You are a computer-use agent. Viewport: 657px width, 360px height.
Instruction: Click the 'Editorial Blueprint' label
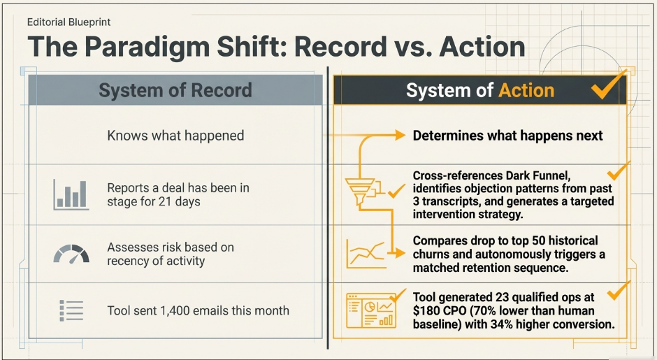pyautogui.click(x=68, y=22)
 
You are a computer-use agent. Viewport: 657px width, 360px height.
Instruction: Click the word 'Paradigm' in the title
pyautogui.click(x=147, y=48)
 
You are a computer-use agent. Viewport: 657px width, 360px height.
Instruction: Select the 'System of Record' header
pyautogui.click(x=175, y=90)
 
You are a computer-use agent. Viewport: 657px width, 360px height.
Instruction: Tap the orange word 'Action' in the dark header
pyautogui.click(x=526, y=90)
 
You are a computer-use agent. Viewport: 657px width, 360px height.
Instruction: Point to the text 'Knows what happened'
pyautogui.click(x=175, y=136)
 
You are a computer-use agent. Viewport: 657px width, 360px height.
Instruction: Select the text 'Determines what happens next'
pyautogui.click(x=508, y=136)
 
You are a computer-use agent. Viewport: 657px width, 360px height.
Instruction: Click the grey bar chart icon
pyautogui.click(x=71, y=194)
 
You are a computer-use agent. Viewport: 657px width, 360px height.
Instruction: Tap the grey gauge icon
pyautogui.click(x=71, y=254)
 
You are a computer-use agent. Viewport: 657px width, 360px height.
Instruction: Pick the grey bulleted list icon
pyautogui.click(x=71, y=310)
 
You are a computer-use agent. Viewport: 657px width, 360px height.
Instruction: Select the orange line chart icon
pyautogui.click(x=366, y=254)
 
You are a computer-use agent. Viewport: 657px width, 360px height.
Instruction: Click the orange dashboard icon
pyautogui.click(x=371, y=310)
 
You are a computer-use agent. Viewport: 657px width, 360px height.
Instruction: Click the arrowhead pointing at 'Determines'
pyautogui.click(x=399, y=135)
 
